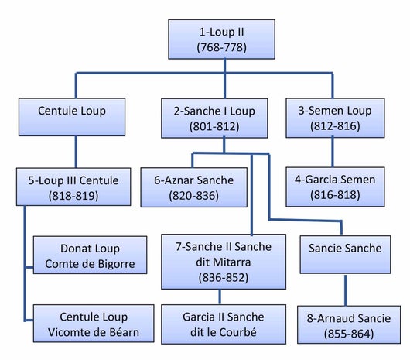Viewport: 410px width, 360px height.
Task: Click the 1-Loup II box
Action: pyautogui.click(x=221, y=39)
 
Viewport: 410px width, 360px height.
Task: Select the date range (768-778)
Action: pyautogui.click(x=221, y=47)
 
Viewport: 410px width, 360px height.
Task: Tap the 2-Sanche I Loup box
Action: pyautogui.click(x=214, y=118)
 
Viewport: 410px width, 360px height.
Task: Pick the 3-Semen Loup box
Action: pyautogui.click(x=335, y=118)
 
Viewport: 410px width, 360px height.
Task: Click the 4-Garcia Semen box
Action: pyautogui.click(x=335, y=187)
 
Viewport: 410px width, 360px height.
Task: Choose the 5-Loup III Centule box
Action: pyautogui.click(x=73, y=187)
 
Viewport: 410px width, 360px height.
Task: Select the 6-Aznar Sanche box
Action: pyautogui.click(x=193, y=187)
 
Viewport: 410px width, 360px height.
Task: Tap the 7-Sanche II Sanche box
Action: pyautogui.click(x=224, y=262)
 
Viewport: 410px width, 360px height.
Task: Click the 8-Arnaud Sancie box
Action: pyautogui.click(x=349, y=324)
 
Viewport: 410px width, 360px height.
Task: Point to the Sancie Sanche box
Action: pyautogui.click(x=345, y=255)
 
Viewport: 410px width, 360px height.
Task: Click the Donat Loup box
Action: pyautogui.click(x=91, y=255)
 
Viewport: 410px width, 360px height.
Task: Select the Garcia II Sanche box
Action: pyautogui.click(x=224, y=324)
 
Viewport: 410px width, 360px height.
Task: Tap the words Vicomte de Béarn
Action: pyautogui.click(x=94, y=333)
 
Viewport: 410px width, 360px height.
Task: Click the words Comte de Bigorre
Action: pyautogui.click(x=90, y=264)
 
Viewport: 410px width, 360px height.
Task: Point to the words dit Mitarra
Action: pyautogui.click(x=224, y=262)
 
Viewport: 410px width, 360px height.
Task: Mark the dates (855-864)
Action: pyautogui.click(x=349, y=334)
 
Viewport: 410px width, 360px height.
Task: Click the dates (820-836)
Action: pyautogui.click(x=193, y=195)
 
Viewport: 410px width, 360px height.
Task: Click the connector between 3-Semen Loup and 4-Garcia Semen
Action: pyautogui.click(x=333, y=153)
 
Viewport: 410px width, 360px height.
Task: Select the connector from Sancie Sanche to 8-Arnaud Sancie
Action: pyautogui.click(x=346, y=290)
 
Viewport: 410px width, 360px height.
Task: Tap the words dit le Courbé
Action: pyautogui.click(x=224, y=332)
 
